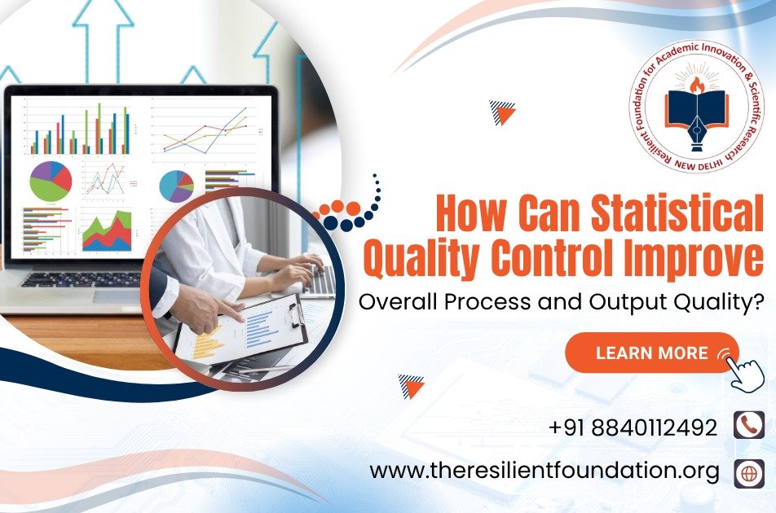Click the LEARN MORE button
pos(652,353)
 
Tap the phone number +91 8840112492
pos(633,427)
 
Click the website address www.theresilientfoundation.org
pos(545,471)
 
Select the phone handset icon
pos(748,425)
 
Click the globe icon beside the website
pos(748,473)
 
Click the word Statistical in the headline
pos(677,213)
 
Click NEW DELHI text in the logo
pos(699,164)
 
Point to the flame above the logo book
pos(696,85)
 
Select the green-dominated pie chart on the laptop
pos(51,181)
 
